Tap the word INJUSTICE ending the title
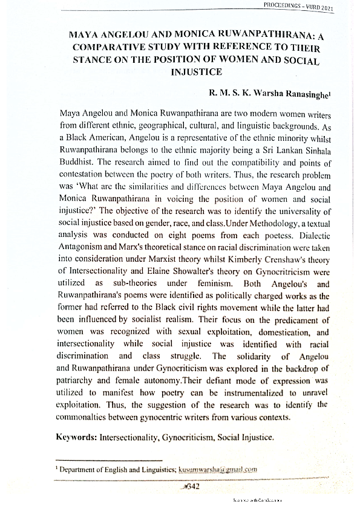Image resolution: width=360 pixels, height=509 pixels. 197,72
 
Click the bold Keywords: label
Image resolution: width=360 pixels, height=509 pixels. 79,436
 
